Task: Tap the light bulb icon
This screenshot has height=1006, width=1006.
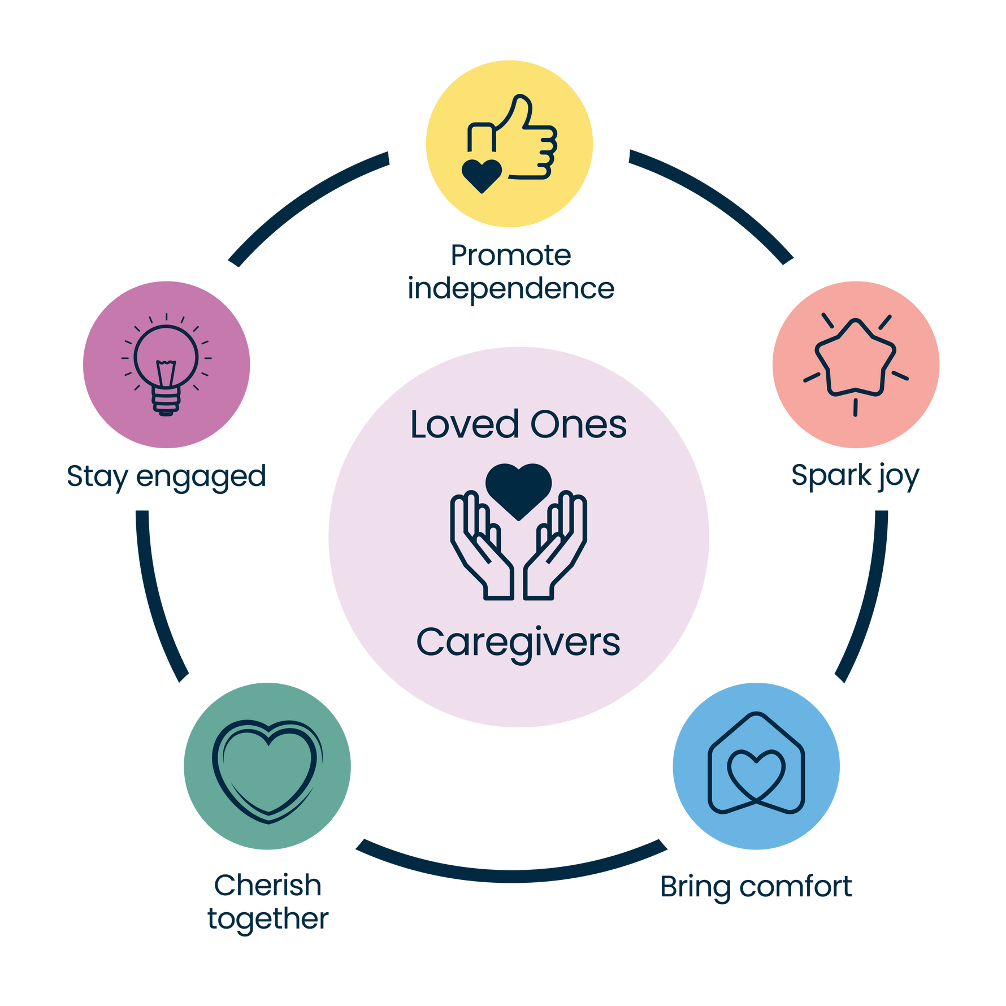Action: (166, 367)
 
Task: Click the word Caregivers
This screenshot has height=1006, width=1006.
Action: (518, 643)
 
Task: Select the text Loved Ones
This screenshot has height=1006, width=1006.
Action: (518, 425)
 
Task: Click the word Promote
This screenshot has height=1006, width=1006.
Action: (511, 256)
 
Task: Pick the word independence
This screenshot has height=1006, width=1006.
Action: (511, 289)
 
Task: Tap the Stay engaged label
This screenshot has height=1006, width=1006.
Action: (166, 476)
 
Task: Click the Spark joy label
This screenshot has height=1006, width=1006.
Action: (855, 476)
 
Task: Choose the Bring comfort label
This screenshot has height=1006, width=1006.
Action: (756, 887)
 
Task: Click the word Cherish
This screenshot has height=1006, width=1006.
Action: (268, 886)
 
